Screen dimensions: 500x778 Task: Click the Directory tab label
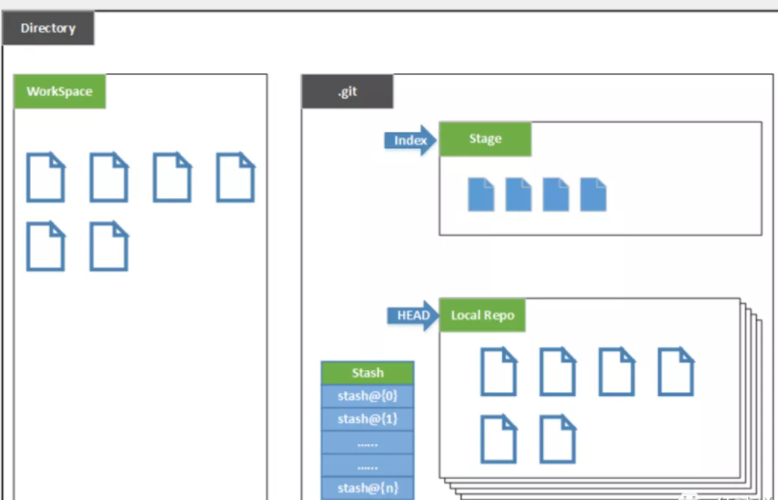(x=47, y=29)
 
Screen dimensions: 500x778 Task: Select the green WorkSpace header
(x=60, y=92)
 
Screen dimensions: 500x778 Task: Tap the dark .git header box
(x=347, y=92)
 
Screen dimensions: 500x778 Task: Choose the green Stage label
(x=485, y=139)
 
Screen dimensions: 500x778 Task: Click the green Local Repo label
(x=482, y=315)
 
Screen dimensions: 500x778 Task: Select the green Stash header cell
(x=367, y=373)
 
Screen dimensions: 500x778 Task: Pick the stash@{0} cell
(x=367, y=396)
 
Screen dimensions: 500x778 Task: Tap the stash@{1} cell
(x=367, y=419)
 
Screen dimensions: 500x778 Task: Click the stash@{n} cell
(x=367, y=488)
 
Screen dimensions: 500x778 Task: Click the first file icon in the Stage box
(x=481, y=194)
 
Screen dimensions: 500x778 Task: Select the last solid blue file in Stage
(x=593, y=194)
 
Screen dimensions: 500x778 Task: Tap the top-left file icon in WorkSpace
(x=45, y=177)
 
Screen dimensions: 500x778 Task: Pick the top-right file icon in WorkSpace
(x=235, y=177)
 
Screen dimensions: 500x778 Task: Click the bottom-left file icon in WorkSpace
(x=45, y=246)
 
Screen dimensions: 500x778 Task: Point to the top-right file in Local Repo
(x=675, y=371)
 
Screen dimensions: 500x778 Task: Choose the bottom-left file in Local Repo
(x=498, y=439)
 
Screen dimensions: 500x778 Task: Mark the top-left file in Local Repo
(x=498, y=371)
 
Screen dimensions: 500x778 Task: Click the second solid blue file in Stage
(x=518, y=194)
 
